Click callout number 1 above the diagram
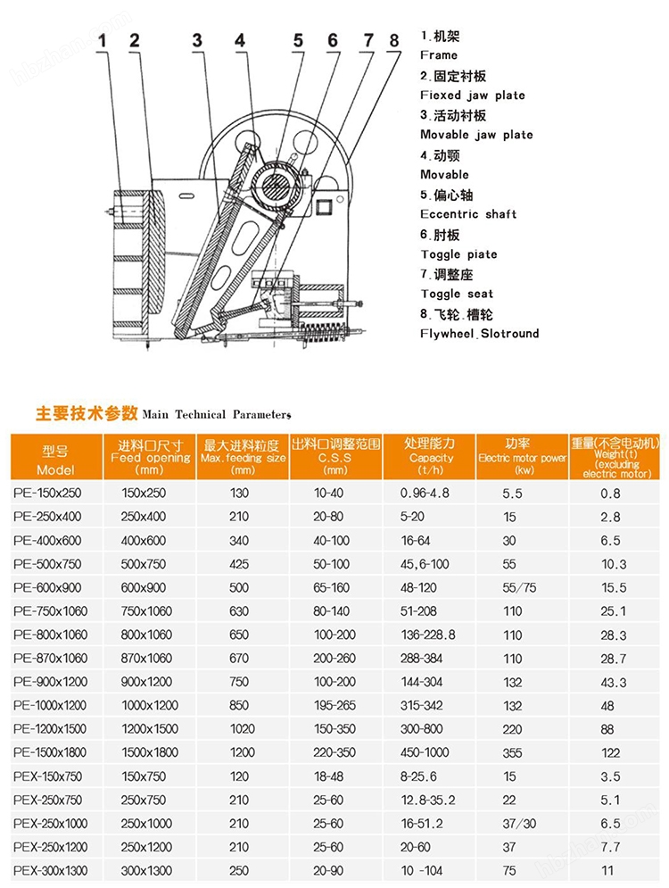[x=103, y=40]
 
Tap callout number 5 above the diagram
[x=299, y=41]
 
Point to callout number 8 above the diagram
[x=392, y=40]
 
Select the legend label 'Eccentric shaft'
[x=468, y=214]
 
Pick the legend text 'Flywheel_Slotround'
[x=480, y=334]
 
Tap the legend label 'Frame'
[x=439, y=55]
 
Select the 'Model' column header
[x=55, y=469]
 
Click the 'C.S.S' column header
[x=335, y=458]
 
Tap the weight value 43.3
[x=614, y=684]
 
